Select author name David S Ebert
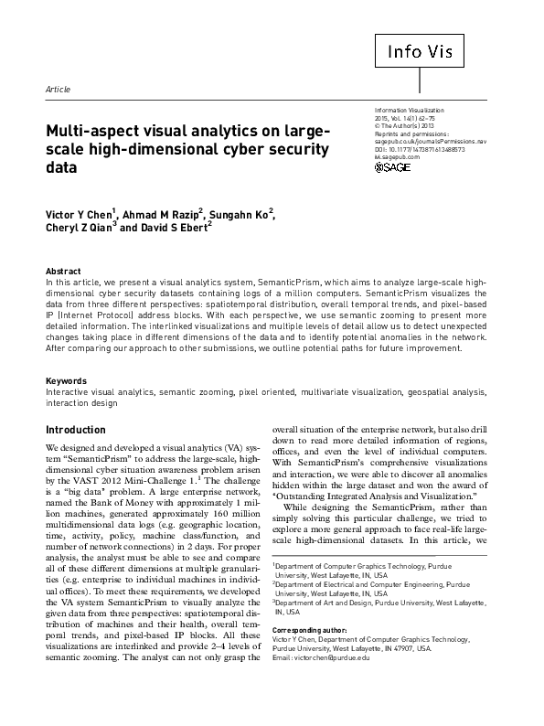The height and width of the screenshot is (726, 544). point(177,229)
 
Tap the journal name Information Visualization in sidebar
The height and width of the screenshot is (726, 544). point(419,110)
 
